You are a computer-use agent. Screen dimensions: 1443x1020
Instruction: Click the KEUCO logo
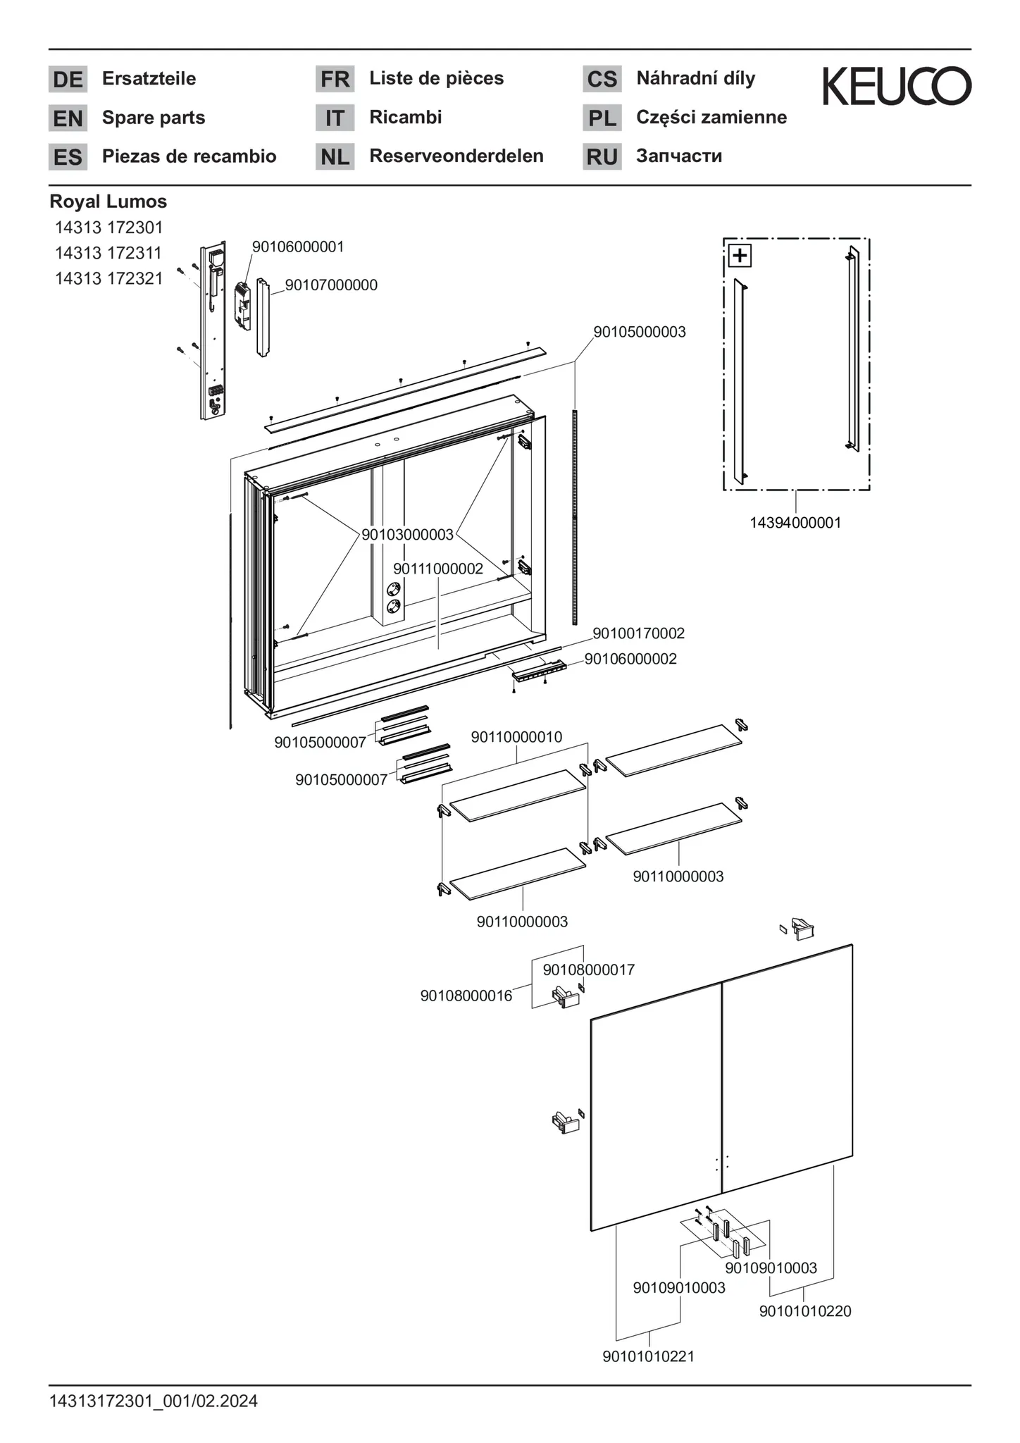pos(897,86)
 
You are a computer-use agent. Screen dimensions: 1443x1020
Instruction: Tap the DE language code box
pos(68,80)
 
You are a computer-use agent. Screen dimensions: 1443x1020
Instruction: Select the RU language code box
pos(602,157)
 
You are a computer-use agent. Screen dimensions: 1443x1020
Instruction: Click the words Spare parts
pos(154,118)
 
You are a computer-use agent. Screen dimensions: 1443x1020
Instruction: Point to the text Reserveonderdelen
pos(456,156)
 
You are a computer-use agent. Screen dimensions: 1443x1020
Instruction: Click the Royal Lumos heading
pos(108,202)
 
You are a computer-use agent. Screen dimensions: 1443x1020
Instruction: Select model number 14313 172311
pos(108,253)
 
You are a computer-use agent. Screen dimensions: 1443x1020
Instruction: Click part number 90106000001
pos(298,247)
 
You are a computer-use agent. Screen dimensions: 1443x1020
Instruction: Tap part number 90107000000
pos(331,285)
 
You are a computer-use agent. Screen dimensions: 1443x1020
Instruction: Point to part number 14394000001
pos(795,523)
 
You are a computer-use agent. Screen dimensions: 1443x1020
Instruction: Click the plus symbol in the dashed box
pos(740,255)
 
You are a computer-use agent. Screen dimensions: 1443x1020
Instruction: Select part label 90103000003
pos(407,535)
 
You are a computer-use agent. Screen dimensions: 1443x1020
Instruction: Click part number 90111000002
pos(438,569)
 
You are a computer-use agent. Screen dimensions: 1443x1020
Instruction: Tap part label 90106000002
pos(630,659)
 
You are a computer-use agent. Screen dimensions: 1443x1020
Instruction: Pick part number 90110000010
pos(516,737)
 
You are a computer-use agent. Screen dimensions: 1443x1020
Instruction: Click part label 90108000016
pos(466,996)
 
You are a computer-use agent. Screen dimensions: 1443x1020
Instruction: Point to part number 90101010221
pos(648,1356)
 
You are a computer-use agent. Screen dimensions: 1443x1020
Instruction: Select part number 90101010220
pos(805,1311)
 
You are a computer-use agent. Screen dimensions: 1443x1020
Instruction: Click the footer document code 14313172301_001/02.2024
pos(154,1401)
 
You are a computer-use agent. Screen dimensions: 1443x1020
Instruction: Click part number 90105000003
pos(639,332)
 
